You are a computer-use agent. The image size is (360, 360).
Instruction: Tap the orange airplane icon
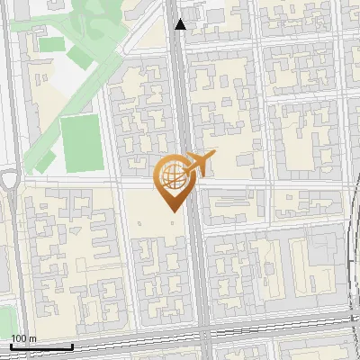pyautogui.click(x=198, y=165)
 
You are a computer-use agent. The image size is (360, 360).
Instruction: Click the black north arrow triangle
pyautogui.click(x=181, y=24)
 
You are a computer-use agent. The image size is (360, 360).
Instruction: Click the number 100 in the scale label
pyautogui.click(x=19, y=337)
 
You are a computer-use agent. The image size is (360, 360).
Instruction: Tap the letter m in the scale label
pyautogui.click(x=32, y=337)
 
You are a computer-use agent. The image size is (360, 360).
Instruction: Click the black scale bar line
pyautogui.click(x=41, y=346)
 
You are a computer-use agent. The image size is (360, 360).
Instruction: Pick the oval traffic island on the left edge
pyautogui.click(x=9, y=180)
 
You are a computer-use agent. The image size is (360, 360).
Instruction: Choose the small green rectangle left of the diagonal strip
pyautogui.click(x=52, y=44)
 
